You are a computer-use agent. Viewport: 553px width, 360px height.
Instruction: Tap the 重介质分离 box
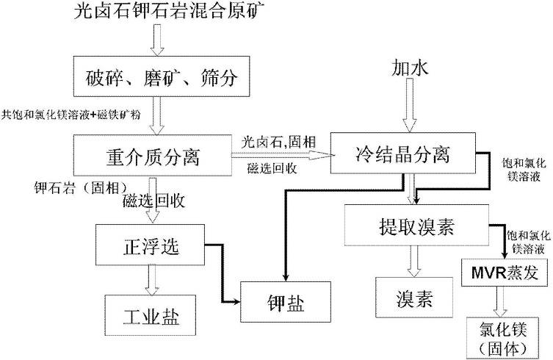(x=152, y=156)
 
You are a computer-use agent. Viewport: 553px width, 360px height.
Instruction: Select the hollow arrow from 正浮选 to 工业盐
(x=152, y=280)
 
